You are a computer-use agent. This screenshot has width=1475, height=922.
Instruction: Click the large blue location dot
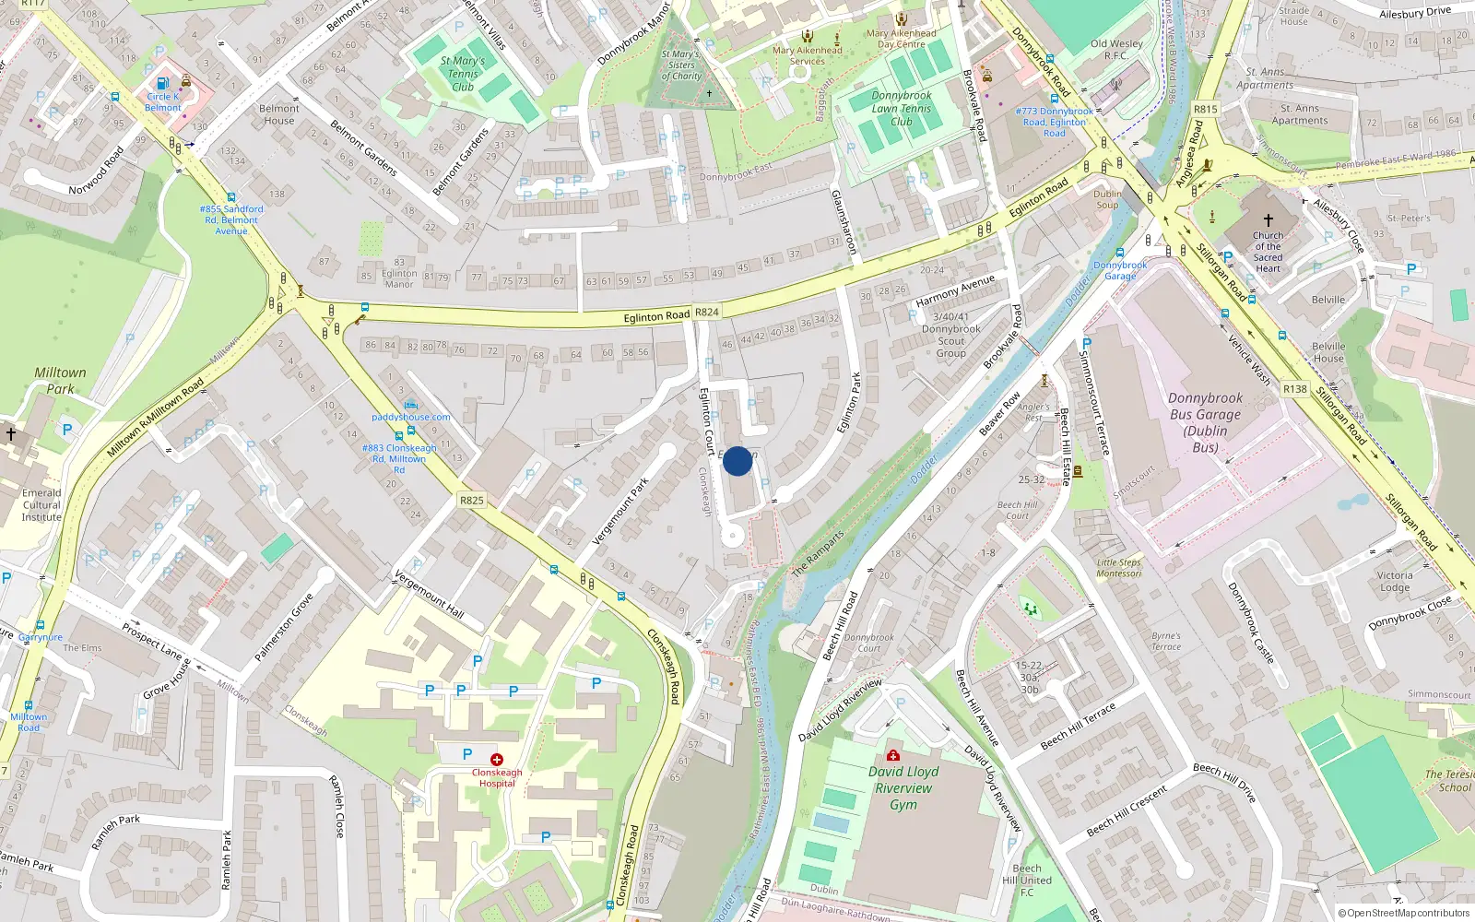pyautogui.click(x=737, y=461)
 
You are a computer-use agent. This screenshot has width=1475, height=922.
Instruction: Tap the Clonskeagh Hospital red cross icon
pyautogui.click(x=497, y=759)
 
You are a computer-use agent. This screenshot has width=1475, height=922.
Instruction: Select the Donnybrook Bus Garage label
pyautogui.click(x=1205, y=422)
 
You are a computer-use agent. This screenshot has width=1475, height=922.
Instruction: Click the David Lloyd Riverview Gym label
pyautogui.click(x=903, y=788)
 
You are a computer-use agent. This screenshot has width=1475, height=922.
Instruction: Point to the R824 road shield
pyautogui.click(x=707, y=313)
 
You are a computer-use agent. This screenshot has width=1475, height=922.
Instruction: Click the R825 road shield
pyautogui.click(x=471, y=501)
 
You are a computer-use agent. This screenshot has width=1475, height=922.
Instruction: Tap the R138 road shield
pyautogui.click(x=1294, y=389)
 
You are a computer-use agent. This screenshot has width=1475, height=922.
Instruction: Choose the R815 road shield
pyautogui.click(x=1206, y=109)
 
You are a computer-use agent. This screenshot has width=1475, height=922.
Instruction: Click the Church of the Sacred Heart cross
pyautogui.click(x=1268, y=220)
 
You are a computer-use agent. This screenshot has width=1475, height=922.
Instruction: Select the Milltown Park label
pyautogui.click(x=60, y=380)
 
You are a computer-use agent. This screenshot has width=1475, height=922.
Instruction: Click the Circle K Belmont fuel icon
pyautogui.click(x=163, y=83)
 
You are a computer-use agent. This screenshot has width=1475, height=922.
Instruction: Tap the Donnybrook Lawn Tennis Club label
pyautogui.click(x=901, y=108)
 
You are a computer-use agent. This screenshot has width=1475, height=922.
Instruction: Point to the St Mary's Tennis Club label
pyautogui.click(x=463, y=74)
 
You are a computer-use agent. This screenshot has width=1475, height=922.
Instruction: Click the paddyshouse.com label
pyautogui.click(x=411, y=417)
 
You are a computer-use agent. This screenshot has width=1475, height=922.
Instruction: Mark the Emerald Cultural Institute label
pyautogui.click(x=41, y=505)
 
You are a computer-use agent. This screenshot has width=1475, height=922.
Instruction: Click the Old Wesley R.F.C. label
pyautogui.click(x=1116, y=49)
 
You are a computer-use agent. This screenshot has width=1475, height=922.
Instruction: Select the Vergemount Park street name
pyautogui.click(x=619, y=511)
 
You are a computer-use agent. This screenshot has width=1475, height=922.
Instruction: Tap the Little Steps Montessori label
pyautogui.click(x=1118, y=568)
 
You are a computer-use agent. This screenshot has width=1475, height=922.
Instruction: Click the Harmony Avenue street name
pyautogui.click(x=955, y=290)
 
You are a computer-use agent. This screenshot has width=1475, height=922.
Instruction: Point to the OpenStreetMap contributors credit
pyautogui.click(x=1404, y=914)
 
